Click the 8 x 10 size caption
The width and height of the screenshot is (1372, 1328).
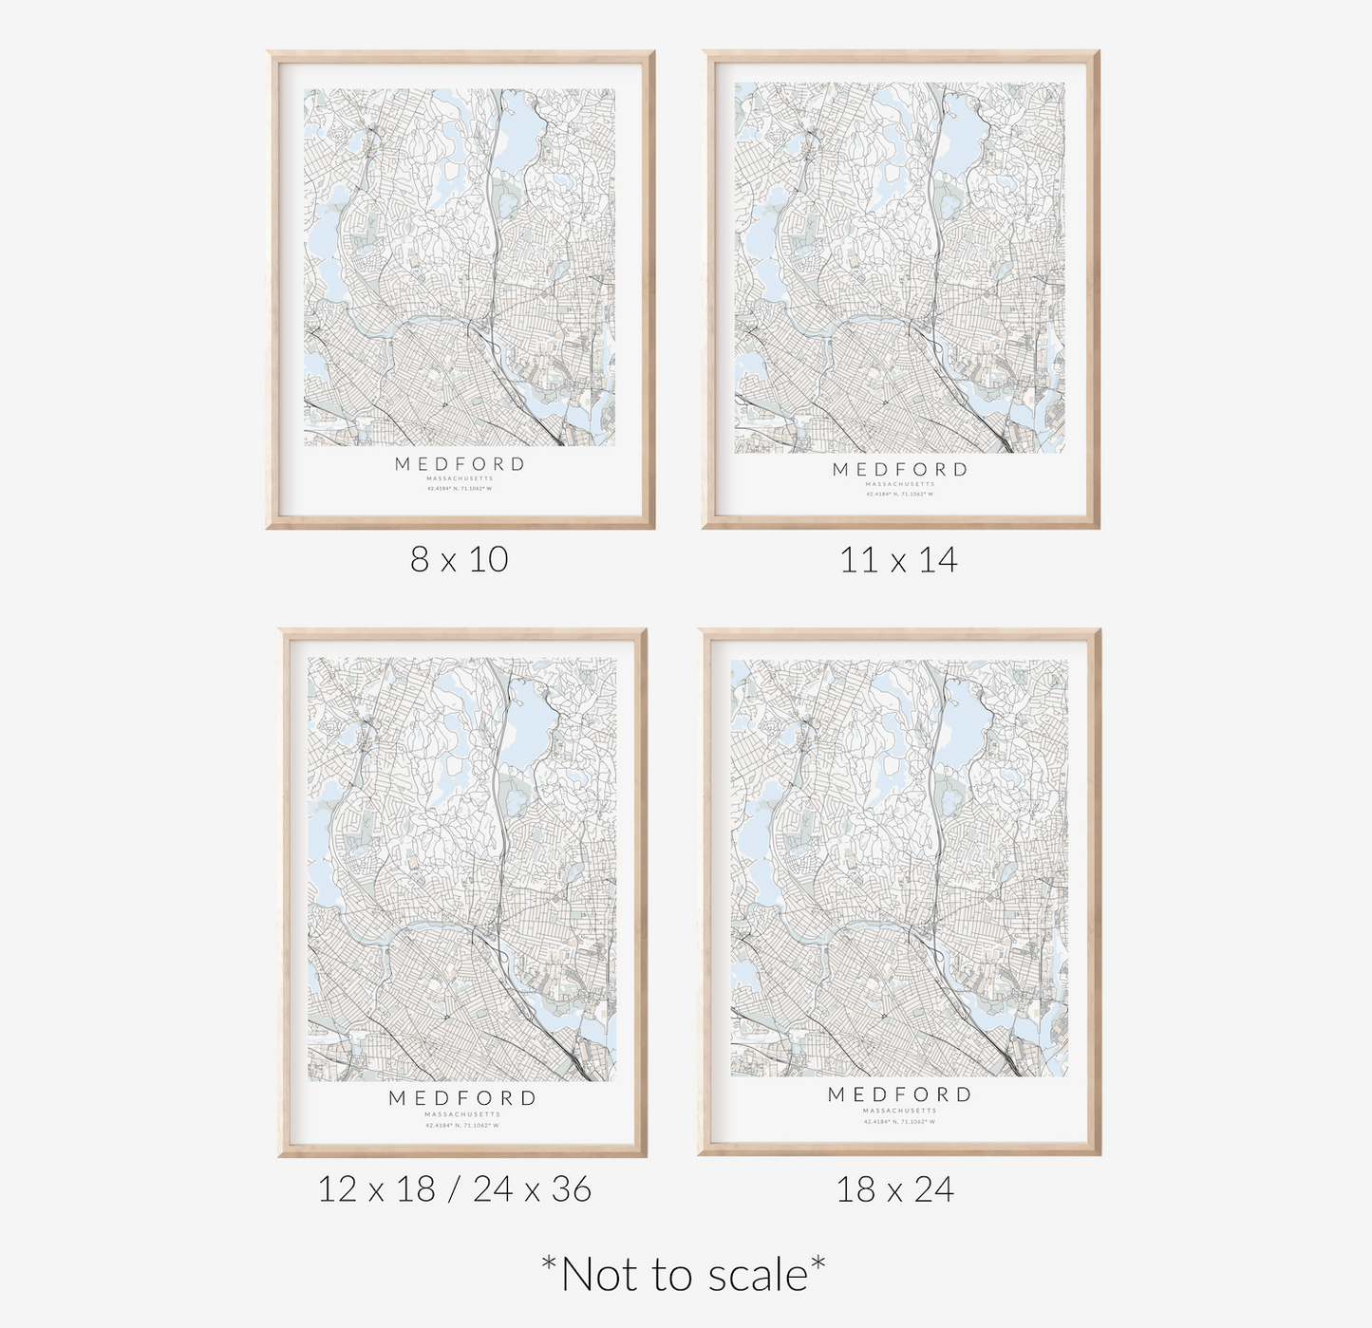point(460,559)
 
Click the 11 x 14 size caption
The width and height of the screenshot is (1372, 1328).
point(898,559)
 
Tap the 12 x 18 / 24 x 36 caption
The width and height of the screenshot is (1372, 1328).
point(454,1188)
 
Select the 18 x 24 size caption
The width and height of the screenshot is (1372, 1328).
point(894,1189)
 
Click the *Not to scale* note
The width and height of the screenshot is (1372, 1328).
point(683,1274)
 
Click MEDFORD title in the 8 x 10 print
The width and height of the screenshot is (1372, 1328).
point(460,464)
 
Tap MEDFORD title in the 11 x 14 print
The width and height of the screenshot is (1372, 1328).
point(899,469)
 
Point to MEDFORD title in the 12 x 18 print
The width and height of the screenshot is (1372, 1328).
point(462,1098)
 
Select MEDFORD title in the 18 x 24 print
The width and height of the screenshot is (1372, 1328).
point(899,1094)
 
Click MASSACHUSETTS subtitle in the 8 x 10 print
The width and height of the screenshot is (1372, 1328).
point(460,478)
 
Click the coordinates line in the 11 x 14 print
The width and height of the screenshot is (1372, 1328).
point(899,494)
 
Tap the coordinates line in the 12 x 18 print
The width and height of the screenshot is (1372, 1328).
point(462,1125)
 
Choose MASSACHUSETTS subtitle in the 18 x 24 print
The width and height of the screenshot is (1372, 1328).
point(899,1110)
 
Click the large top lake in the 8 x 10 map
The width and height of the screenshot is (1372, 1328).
point(518,128)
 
